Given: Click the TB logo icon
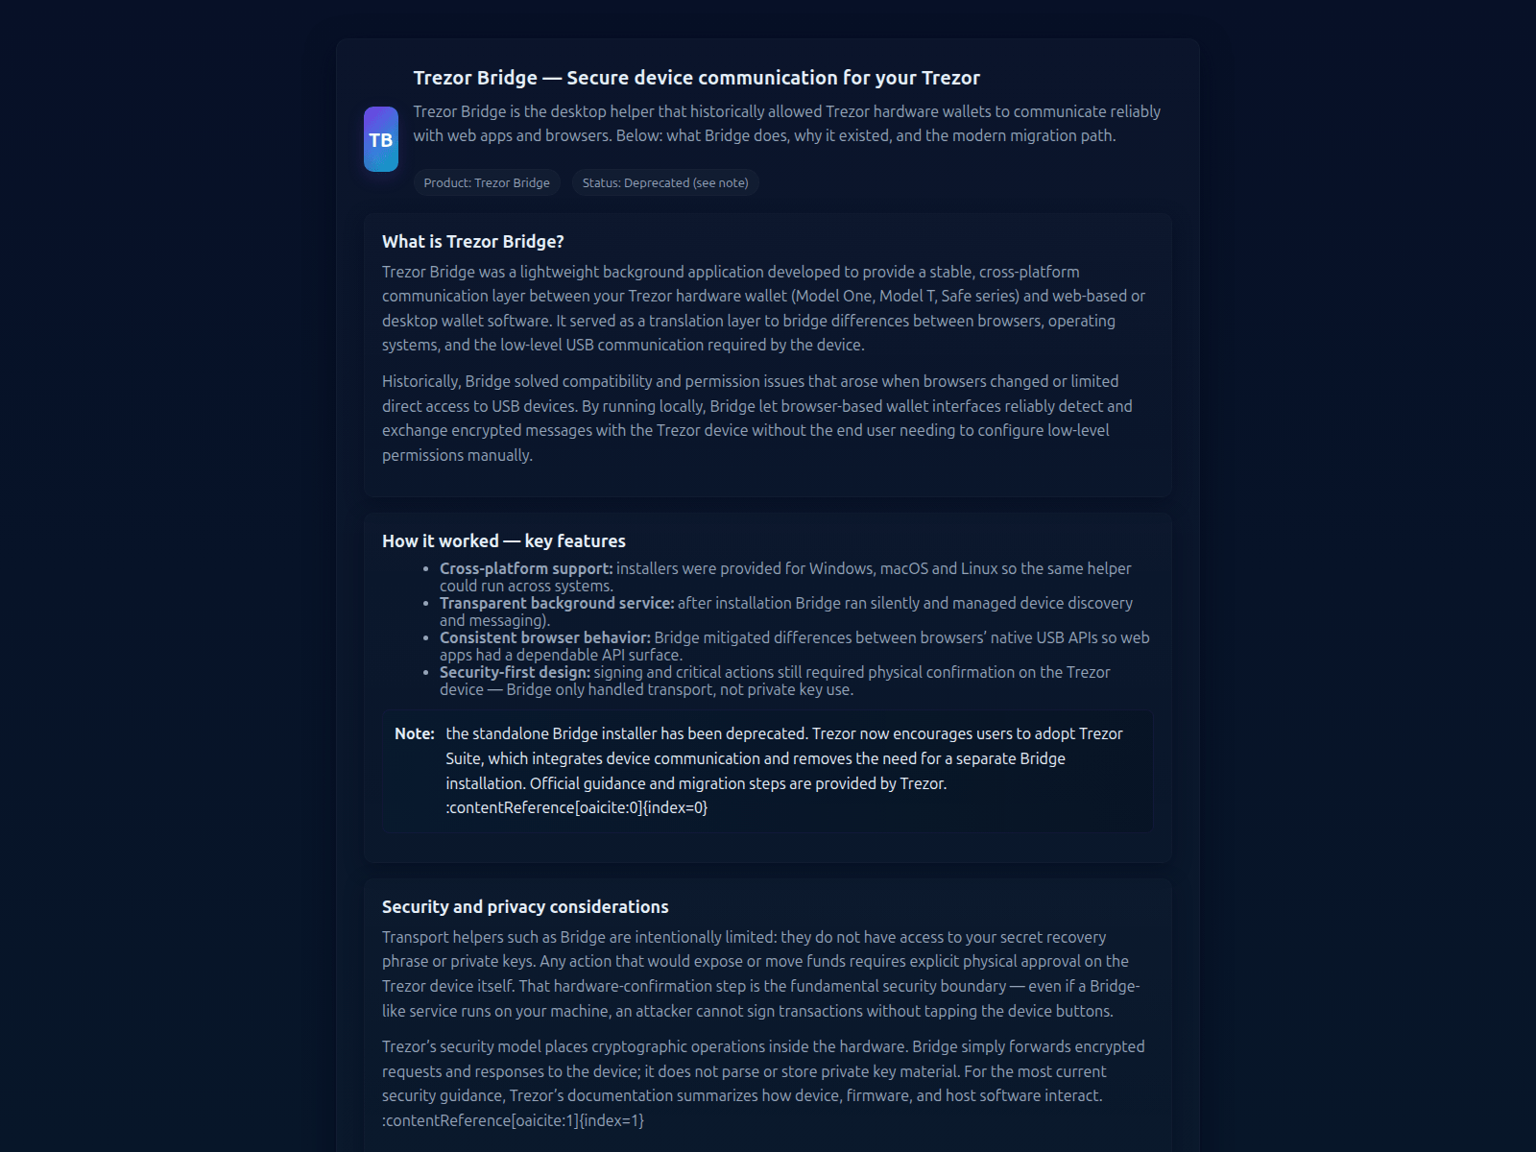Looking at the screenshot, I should tap(380, 139).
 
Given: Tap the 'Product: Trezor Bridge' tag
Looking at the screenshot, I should tap(487, 182).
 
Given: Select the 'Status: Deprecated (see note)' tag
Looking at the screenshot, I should tap(665, 182).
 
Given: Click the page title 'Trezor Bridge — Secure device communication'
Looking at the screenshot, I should tap(696, 78).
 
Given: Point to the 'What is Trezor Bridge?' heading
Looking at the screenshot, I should tap(472, 242).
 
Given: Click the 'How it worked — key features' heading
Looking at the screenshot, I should tap(503, 541).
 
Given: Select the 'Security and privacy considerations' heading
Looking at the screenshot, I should tap(525, 907).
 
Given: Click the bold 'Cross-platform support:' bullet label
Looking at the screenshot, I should tap(525, 568).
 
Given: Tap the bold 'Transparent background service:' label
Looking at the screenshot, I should tap(557, 603).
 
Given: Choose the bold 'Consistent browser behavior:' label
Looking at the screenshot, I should tap(544, 637).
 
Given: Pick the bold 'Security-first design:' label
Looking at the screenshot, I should tap(515, 672).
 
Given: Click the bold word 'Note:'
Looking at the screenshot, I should tap(415, 733).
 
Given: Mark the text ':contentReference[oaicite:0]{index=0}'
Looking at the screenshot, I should tap(576, 807).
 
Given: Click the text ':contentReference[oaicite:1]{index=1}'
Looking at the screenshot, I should tap(513, 1120).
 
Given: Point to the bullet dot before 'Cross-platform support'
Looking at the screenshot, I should tap(426, 569).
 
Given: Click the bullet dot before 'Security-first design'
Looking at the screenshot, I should tap(426, 673).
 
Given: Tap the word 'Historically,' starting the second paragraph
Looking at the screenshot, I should tap(420, 381).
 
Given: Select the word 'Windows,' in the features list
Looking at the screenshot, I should tap(842, 568).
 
